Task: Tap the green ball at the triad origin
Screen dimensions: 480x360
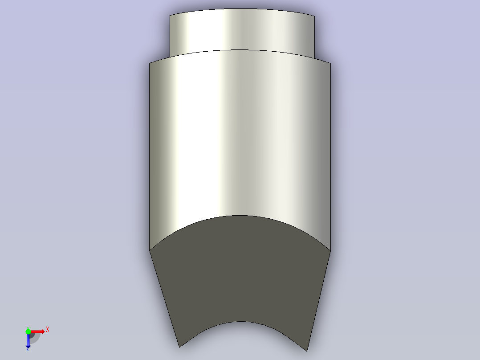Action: (28, 331)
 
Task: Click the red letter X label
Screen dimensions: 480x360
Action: (48, 330)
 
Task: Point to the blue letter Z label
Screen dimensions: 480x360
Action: (28, 349)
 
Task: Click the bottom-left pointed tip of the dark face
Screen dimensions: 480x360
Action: (179, 347)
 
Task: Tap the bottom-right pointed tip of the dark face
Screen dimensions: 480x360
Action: (307, 351)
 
